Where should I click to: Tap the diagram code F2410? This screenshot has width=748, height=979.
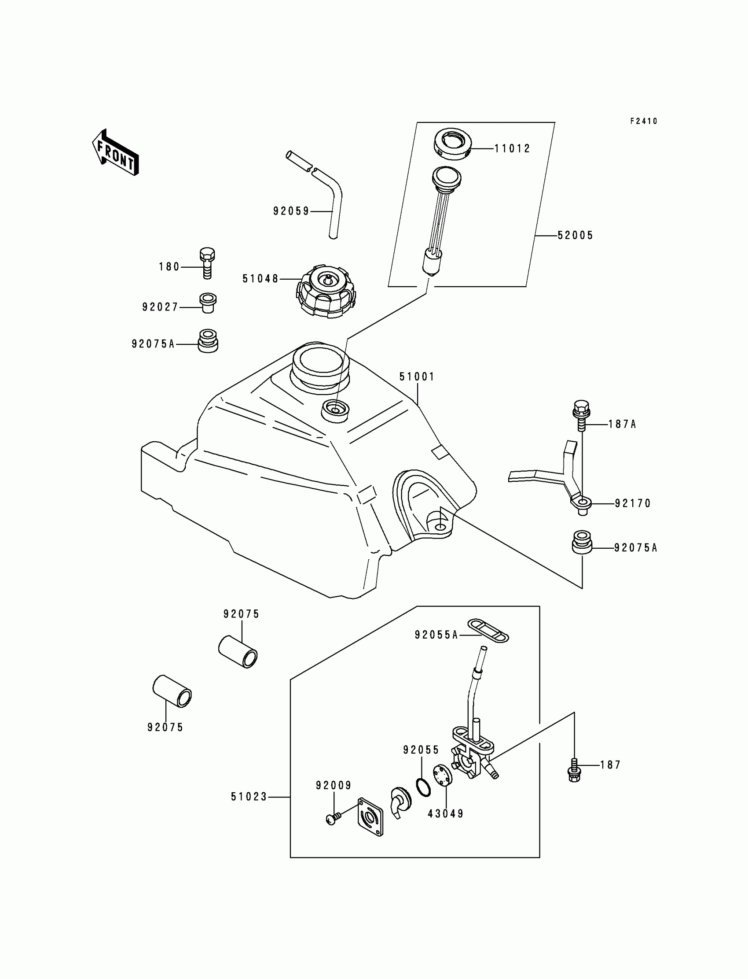coord(643,121)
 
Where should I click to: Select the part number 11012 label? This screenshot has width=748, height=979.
coord(513,149)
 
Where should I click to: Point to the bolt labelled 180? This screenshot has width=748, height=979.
coord(206,262)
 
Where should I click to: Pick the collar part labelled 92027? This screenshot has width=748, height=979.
coord(208,303)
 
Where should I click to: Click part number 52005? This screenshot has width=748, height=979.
coord(575,235)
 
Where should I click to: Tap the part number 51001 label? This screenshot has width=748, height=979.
coord(417,377)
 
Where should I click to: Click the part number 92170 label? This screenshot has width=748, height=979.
coord(633,503)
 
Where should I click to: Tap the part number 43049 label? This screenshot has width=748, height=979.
coord(446,814)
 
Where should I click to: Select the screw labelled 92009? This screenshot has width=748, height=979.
coord(333,818)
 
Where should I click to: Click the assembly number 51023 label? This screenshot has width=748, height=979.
coord(249,797)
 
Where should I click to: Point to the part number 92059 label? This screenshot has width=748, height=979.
coord(291,211)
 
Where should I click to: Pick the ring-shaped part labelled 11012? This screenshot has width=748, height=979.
coord(452,144)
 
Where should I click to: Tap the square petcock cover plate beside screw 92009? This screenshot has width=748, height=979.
coord(370,817)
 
